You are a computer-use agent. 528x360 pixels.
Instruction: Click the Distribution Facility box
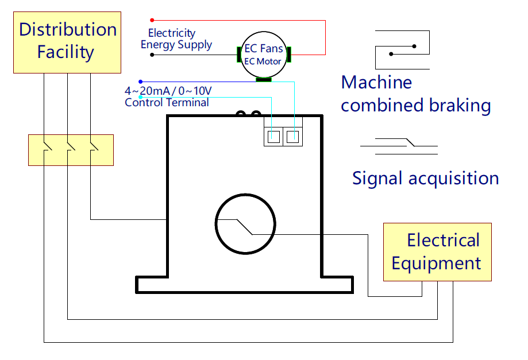(67, 42)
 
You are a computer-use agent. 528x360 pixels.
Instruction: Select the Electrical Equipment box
(437, 252)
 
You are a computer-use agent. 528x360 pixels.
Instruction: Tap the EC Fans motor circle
(264, 55)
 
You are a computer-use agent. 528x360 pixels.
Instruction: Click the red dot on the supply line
(152, 20)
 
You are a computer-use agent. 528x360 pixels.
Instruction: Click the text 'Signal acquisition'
(425, 178)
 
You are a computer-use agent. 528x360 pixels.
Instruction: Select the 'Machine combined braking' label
(415, 94)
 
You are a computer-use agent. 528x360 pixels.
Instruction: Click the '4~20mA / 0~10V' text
(168, 91)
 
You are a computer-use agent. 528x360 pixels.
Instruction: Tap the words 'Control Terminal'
(167, 103)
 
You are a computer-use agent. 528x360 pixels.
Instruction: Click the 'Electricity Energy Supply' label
(176, 39)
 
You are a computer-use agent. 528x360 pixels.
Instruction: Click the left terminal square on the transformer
(274, 137)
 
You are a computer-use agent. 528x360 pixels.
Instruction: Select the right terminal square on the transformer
(293, 137)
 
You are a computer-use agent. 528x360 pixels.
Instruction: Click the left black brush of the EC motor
(238, 55)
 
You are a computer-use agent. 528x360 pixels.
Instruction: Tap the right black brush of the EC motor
(290, 55)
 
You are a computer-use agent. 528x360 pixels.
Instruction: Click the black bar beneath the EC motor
(264, 79)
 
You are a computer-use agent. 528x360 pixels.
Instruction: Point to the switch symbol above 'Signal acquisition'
(399, 144)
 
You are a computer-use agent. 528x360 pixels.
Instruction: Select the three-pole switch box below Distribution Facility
(71, 150)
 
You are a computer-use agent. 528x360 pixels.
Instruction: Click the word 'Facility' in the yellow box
(65, 52)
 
